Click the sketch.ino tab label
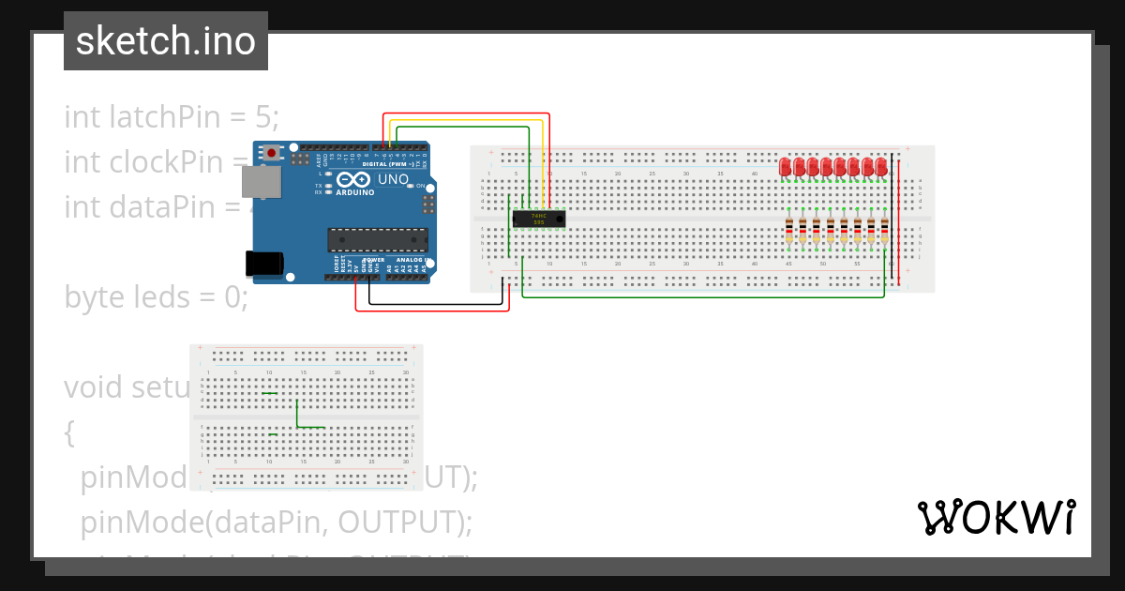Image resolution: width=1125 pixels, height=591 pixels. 166,41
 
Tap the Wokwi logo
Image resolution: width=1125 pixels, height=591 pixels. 996,517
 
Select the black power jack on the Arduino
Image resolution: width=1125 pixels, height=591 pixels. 262,264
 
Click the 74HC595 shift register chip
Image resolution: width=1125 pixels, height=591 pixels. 538,219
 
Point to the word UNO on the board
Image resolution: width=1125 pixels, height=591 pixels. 393,179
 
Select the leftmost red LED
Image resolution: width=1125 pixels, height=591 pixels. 786,167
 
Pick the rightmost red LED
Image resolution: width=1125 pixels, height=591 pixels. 882,167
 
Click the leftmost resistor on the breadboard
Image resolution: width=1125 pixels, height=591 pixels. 789,232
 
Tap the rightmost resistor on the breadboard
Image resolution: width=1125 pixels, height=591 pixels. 885,232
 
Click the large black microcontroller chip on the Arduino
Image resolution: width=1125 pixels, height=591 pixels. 377,240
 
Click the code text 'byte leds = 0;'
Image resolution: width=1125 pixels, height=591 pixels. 156,297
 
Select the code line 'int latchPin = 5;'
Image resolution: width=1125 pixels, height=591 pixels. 172,117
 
